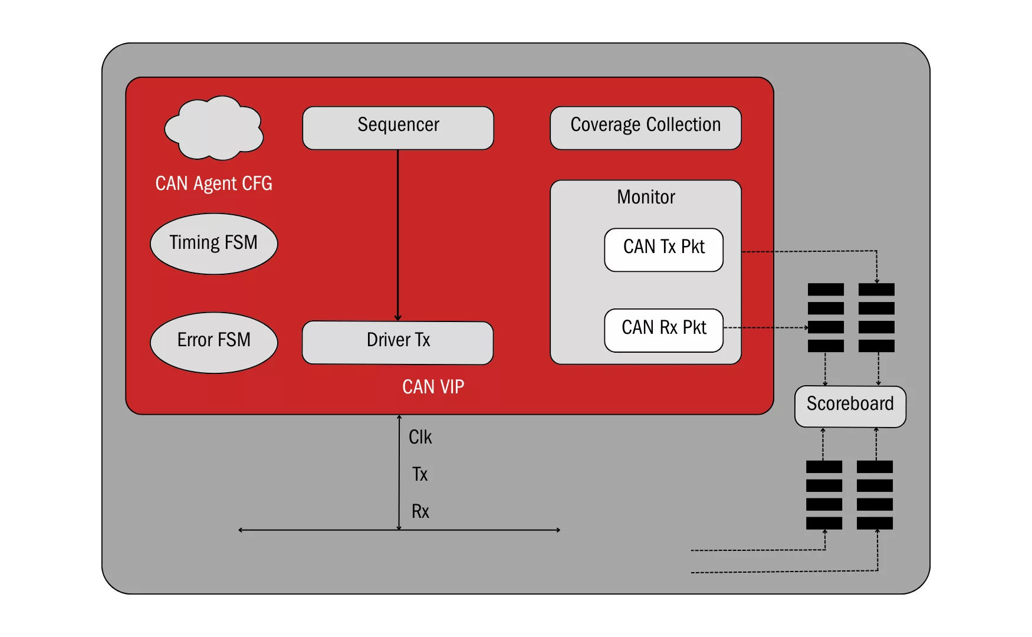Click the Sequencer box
click(398, 127)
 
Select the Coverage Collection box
click(645, 127)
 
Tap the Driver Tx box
click(397, 342)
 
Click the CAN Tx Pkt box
click(663, 249)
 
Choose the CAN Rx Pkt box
click(663, 330)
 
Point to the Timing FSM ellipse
click(213, 244)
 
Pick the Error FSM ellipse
click(213, 342)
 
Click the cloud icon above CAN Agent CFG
click(213, 129)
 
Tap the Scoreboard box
click(850, 406)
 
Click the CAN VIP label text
click(433, 387)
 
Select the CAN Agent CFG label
click(213, 183)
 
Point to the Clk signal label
click(420, 437)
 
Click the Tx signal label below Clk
click(419, 474)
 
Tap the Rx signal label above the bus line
click(420, 511)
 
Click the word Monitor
click(646, 197)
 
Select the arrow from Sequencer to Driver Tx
click(398, 236)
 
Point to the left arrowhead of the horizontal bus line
click(241, 530)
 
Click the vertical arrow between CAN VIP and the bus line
click(399, 472)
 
